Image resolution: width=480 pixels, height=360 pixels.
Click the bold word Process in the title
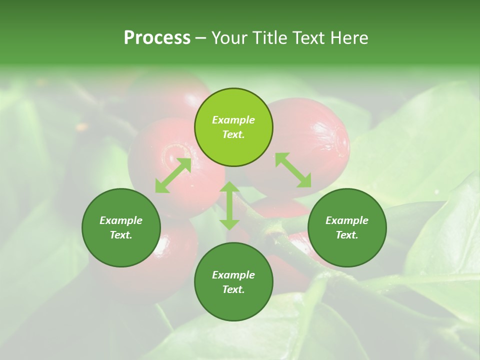tap(157, 38)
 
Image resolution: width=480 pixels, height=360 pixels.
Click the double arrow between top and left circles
tap(173, 175)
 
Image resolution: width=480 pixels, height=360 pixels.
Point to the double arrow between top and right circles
tap(293, 170)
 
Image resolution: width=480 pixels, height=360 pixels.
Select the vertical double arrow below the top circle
tap(229, 205)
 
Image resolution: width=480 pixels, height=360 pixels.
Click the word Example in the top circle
tap(233, 120)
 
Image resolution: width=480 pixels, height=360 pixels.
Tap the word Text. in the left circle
tap(121, 235)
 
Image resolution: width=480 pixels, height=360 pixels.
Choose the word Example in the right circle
tap(347, 220)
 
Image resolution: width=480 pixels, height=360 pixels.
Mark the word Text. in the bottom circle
tap(233, 289)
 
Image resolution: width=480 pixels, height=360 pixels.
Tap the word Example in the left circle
tap(121, 220)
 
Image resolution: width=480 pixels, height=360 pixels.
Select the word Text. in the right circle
tap(347, 235)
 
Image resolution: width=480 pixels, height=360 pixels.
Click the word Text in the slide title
tap(306, 38)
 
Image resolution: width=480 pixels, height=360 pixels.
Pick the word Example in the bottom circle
tap(233, 275)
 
